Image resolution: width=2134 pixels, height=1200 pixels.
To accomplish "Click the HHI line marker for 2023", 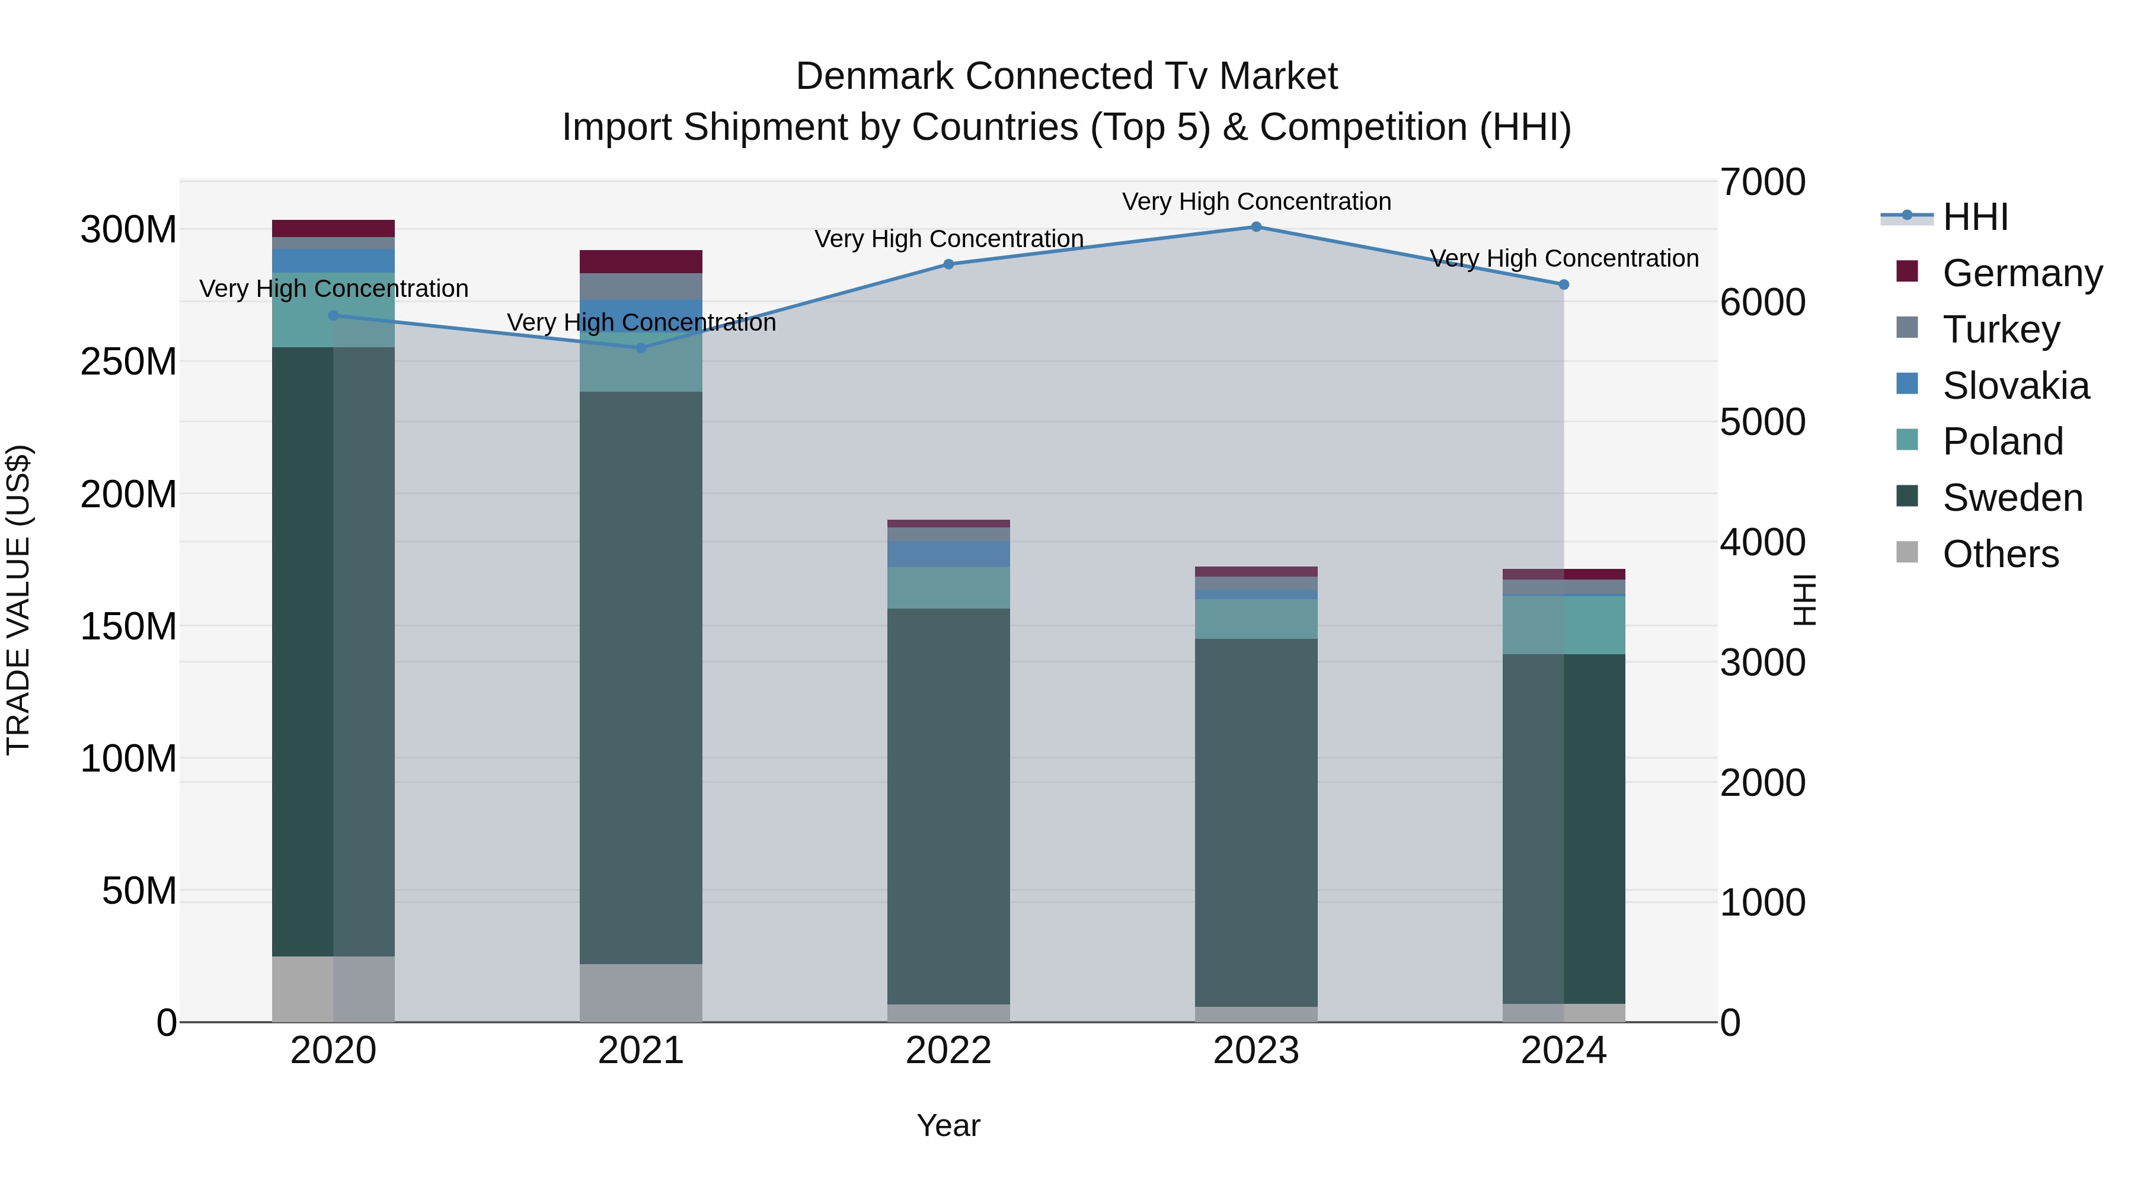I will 1256,227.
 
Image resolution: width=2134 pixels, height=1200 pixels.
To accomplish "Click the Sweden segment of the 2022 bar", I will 948,806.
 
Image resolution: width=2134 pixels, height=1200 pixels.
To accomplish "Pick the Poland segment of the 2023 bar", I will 1256,619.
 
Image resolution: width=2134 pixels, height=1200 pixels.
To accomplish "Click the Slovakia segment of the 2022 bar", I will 948,554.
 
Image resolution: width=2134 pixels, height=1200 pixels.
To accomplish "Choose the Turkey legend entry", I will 2000,329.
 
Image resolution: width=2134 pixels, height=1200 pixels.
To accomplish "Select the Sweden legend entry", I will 2011,498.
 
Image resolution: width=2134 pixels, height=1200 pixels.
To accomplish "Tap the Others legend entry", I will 2000,554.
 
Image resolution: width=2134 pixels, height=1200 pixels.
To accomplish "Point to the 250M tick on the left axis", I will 129,362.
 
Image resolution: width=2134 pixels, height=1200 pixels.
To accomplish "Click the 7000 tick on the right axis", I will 1762,182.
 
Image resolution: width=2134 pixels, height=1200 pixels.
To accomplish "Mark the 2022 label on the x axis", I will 948,1051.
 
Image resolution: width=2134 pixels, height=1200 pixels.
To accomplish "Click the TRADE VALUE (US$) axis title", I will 18,600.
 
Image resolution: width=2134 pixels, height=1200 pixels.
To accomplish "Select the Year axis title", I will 948,1125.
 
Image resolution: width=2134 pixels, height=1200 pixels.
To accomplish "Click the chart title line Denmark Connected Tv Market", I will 1066,76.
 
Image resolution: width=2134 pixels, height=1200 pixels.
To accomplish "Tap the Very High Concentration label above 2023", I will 1256,201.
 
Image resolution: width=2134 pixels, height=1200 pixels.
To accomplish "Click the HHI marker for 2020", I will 333,315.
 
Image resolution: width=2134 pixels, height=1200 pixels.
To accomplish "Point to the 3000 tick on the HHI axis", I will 1762,663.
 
